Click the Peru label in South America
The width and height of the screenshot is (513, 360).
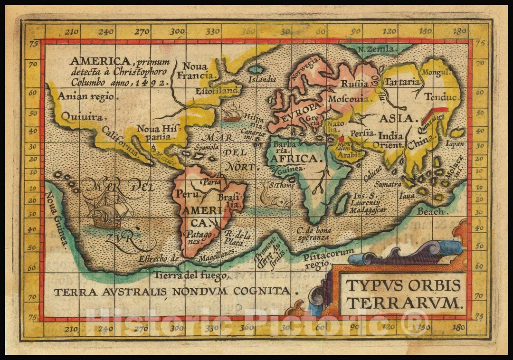click(x=185, y=194)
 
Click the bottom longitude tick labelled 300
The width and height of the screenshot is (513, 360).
click(x=177, y=328)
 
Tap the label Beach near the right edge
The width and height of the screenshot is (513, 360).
click(x=430, y=212)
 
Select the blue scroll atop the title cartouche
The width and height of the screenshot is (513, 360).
click(x=446, y=247)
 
